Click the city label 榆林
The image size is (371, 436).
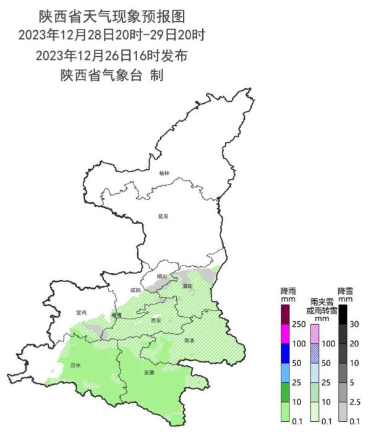point(163,174)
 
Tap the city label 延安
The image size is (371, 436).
point(163,216)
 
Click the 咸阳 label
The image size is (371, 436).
point(136,290)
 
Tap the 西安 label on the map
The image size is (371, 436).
point(156,320)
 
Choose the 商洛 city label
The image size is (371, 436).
point(189,340)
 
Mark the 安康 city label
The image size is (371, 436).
point(149,372)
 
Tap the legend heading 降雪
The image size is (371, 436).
point(346,290)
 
